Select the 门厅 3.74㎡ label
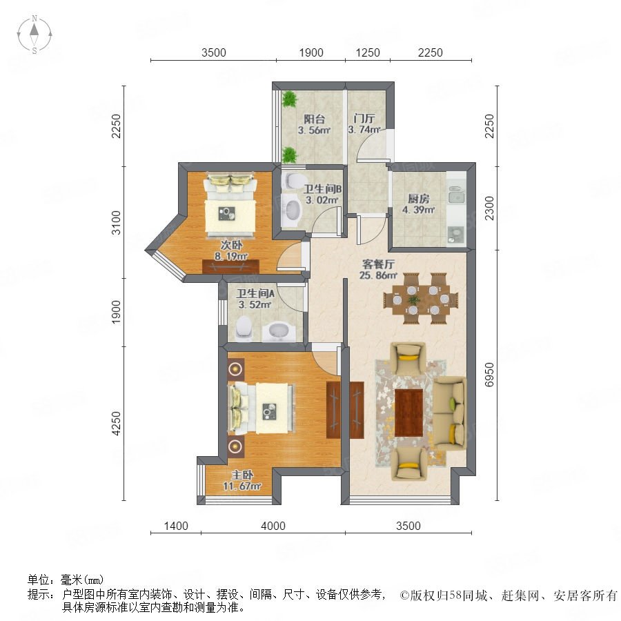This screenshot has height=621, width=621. (364, 124)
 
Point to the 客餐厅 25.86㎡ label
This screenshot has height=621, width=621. (379, 269)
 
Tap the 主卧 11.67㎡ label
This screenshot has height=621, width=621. (242, 480)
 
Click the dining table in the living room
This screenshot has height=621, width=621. (421, 299)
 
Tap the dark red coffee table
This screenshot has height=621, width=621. (409, 413)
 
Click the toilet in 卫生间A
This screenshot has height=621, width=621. (244, 328)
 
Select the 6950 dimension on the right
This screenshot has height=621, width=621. (489, 375)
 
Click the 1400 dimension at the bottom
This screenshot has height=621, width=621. (176, 526)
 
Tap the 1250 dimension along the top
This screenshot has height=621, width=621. (368, 52)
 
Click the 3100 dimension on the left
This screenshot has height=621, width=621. (116, 223)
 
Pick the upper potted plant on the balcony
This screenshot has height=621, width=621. (290, 99)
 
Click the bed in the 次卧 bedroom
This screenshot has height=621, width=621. (230, 204)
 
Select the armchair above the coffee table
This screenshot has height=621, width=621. (408, 357)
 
